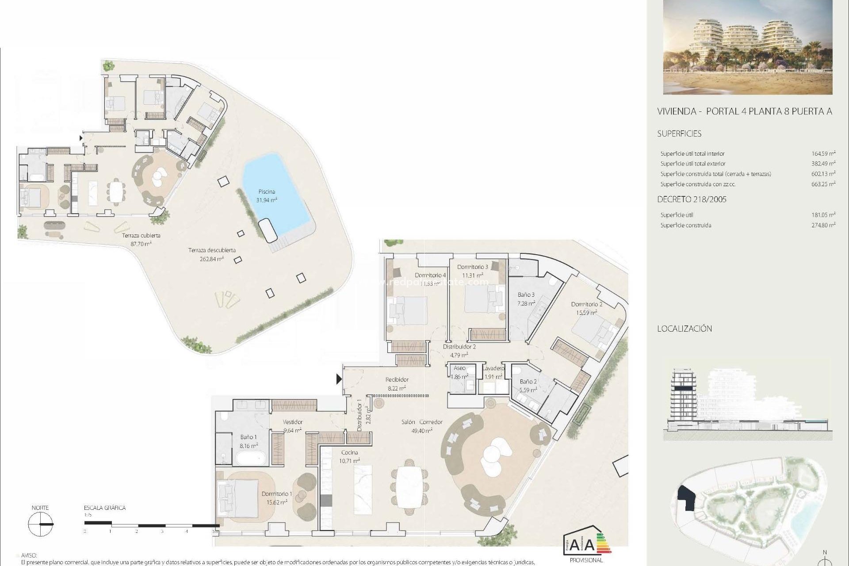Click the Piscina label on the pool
267,192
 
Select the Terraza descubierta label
212,250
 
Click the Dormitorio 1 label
276,494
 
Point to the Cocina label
349,452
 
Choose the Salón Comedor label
421,422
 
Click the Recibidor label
397,379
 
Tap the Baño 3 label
526,294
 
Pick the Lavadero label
493,368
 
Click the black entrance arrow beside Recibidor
339,379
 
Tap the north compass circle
40,524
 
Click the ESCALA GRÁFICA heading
105,508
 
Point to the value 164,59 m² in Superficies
823,154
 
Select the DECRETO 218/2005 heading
692,199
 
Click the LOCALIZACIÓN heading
684,329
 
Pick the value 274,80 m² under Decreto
823,225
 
